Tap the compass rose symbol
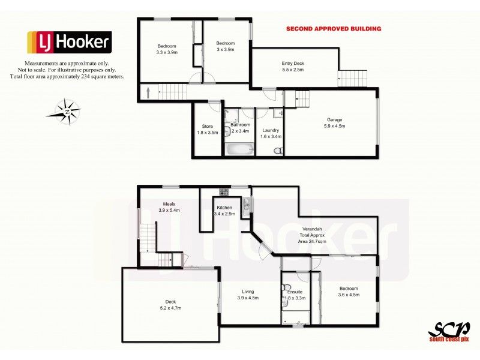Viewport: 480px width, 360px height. (x=67, y=111)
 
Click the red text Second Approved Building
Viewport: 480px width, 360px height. (x=333, y=28)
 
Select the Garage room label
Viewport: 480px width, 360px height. (x=335, y=122)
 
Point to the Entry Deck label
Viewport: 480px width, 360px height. (x=293, y=67)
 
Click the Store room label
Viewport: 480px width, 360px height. (x=207, y=129)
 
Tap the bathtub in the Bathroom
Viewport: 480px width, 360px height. (x=239, y=148)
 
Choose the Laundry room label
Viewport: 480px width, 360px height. (x=271, y=133)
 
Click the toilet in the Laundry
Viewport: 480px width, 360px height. (x=277, y=151)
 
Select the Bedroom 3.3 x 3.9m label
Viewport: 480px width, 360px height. (x=167, y=49)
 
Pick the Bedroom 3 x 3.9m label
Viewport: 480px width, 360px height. (x=225, y=47)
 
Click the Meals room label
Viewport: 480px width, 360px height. (x=169, y=207)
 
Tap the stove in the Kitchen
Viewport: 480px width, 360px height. (x=224, y=192)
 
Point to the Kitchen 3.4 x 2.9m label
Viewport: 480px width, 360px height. (x=224, y=211)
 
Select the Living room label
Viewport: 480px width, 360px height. (x=248, y=295)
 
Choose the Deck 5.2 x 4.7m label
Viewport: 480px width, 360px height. (x=171, y=305)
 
